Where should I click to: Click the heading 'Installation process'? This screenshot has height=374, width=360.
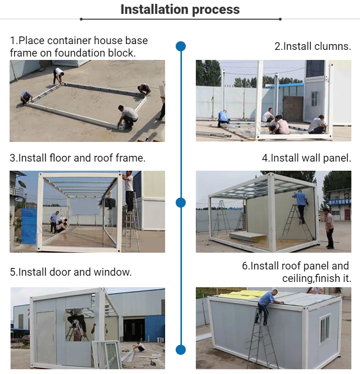(x=180, y=9)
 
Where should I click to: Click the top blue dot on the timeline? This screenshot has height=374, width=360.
(x=181, y=46)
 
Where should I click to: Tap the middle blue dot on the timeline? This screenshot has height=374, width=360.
(x=181, y=202)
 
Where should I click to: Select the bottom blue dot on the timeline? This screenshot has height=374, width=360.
(x=181, y=349)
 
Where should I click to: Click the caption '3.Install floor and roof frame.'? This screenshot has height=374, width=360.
(x=77, y=158)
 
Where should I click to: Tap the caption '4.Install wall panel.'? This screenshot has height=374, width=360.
(x=306, y=158)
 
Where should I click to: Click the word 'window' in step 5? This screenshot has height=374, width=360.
(x=115, y=272)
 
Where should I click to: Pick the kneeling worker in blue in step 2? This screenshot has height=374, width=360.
(x=223, y=118)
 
